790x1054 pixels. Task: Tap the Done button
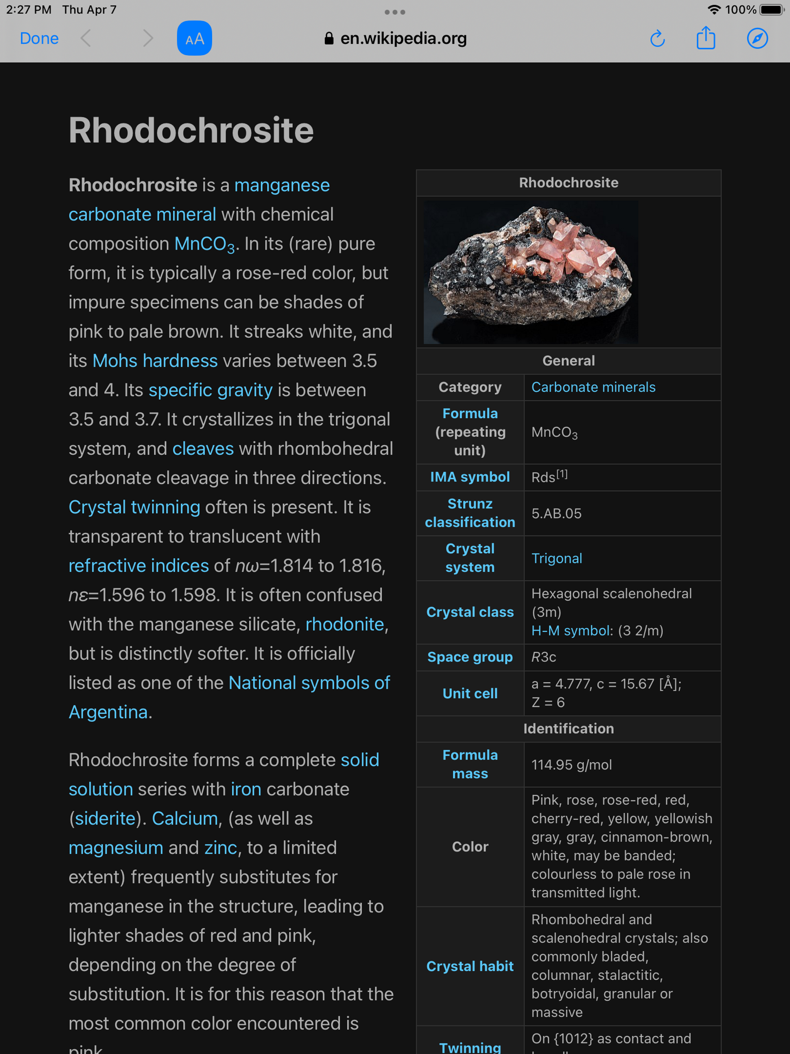(39, 38)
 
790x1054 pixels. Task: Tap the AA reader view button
(194, 38)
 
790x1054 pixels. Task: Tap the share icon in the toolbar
(706, 38)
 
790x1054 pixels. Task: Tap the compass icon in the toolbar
(757, 38)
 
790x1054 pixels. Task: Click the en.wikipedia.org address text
(403, 38)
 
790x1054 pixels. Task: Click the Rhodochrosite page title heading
(191, 130)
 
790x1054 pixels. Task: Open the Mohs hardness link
(155, 361)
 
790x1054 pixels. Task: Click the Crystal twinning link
(134, 507)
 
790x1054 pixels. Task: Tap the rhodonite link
(344, 624)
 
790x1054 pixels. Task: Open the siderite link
(105, 818)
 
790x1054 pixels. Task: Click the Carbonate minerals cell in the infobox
(593, 387)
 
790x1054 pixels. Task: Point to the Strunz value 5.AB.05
(557, 513)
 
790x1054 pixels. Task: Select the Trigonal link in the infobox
(557, 559)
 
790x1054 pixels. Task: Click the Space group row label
(470, 657)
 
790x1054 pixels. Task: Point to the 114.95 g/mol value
(571, 765)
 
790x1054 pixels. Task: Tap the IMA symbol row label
(470, 477)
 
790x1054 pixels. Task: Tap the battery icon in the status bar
(771, 10)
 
